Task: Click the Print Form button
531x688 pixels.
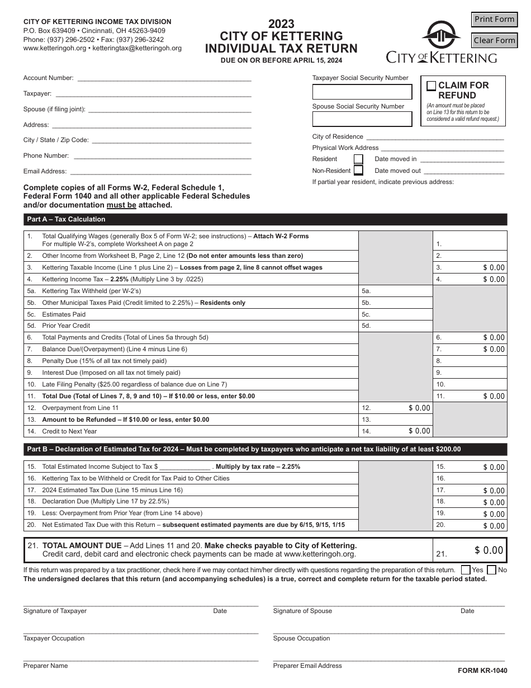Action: click(494, 20)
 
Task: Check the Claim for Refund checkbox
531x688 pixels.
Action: click(431, 86)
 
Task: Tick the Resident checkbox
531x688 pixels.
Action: click(358, 159)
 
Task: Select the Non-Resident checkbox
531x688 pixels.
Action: click(358, 171)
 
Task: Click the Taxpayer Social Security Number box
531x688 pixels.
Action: click(362, 92)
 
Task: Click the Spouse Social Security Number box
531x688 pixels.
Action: click(362, 119)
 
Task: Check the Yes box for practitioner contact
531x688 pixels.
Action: click(466, 570)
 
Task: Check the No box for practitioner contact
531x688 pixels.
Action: click(491, 570)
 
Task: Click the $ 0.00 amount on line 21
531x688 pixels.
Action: click(489, 550)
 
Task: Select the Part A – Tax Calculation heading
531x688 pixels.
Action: click(66, 219)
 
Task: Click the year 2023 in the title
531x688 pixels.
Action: click(281, 24)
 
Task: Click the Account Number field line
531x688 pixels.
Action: click(164, 78)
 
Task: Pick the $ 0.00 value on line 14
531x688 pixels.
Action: click(419, 431)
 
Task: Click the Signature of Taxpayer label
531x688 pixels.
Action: click(55, 611)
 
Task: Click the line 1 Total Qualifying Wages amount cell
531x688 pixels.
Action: click(470, 241)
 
